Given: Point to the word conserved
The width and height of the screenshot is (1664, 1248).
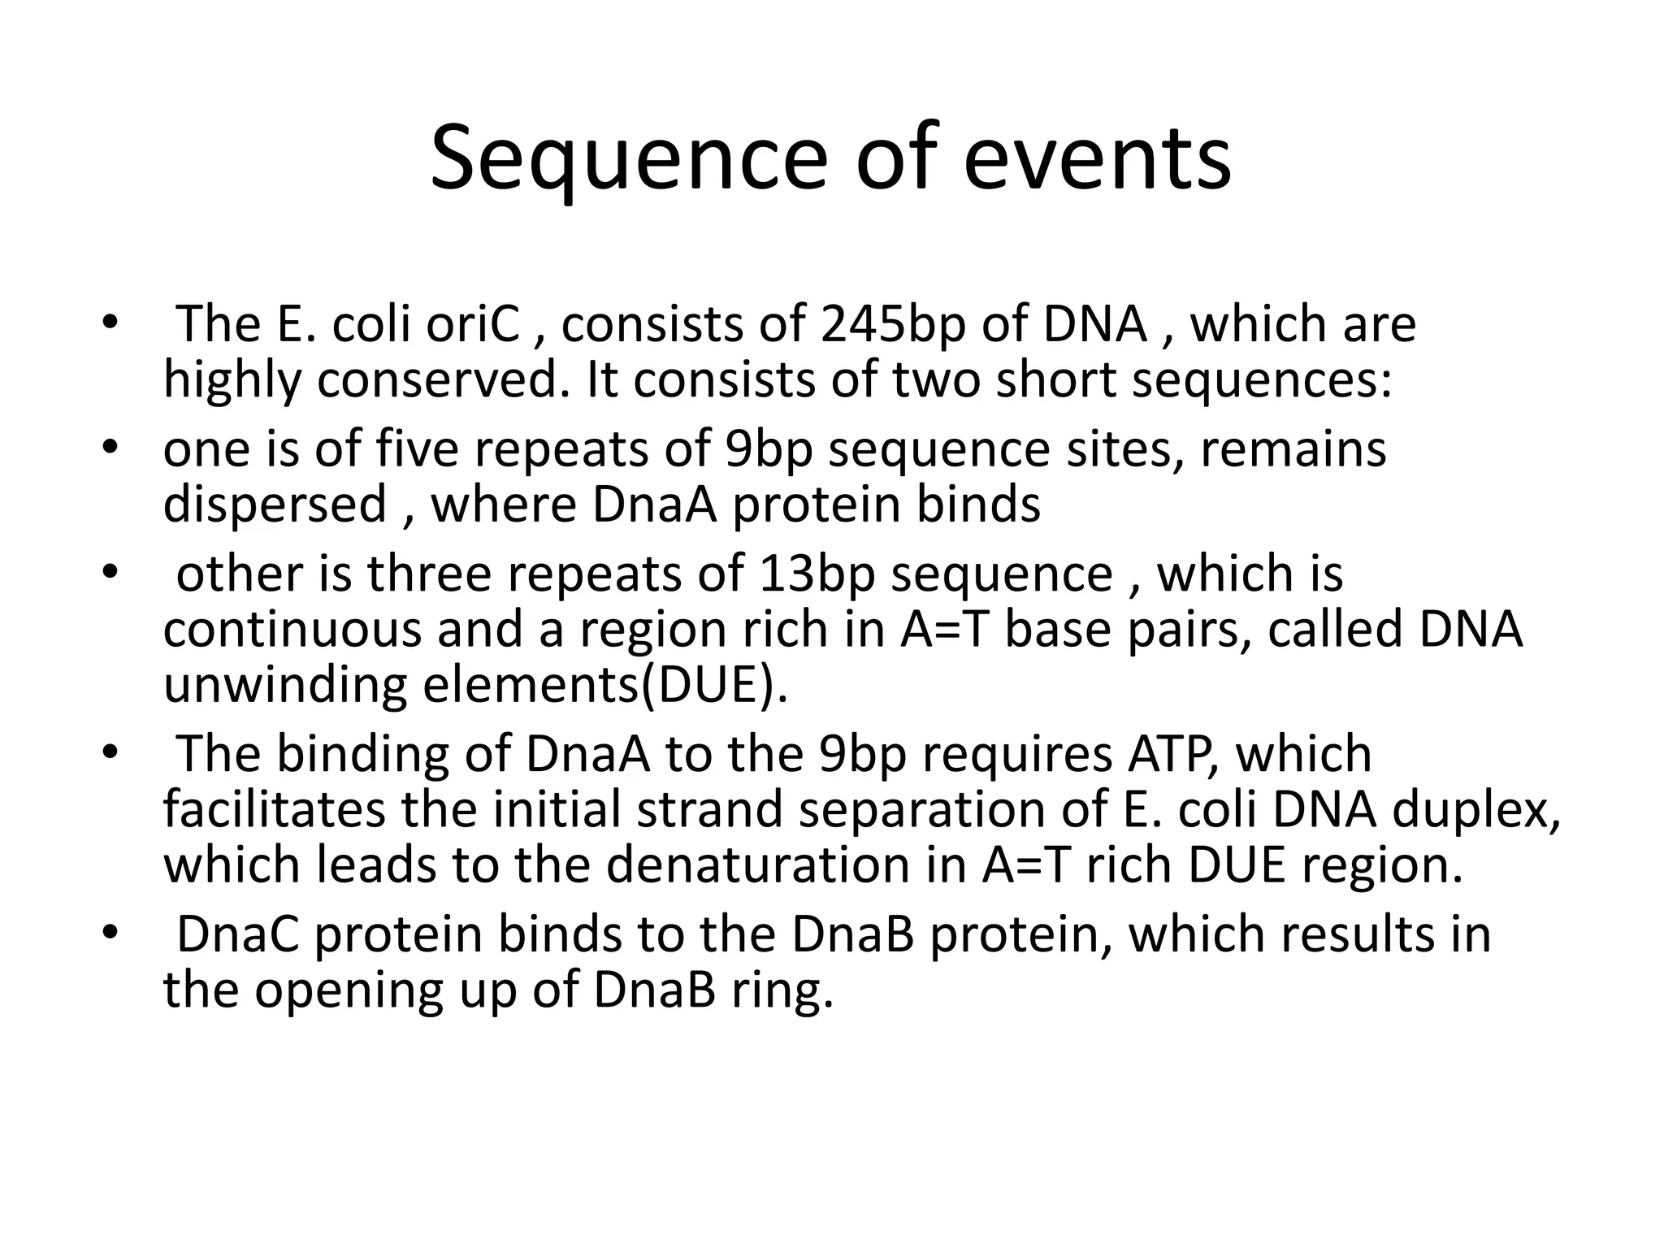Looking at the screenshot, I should click(438, 379).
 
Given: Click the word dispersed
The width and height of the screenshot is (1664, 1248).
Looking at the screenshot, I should click(275, 505).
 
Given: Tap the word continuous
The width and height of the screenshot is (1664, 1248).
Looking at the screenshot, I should click(292, 630).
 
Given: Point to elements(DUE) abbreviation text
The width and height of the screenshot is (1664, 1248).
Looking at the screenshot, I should click(604, 685).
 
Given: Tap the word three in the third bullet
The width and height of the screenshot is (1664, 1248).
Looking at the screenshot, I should click(429, 574).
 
